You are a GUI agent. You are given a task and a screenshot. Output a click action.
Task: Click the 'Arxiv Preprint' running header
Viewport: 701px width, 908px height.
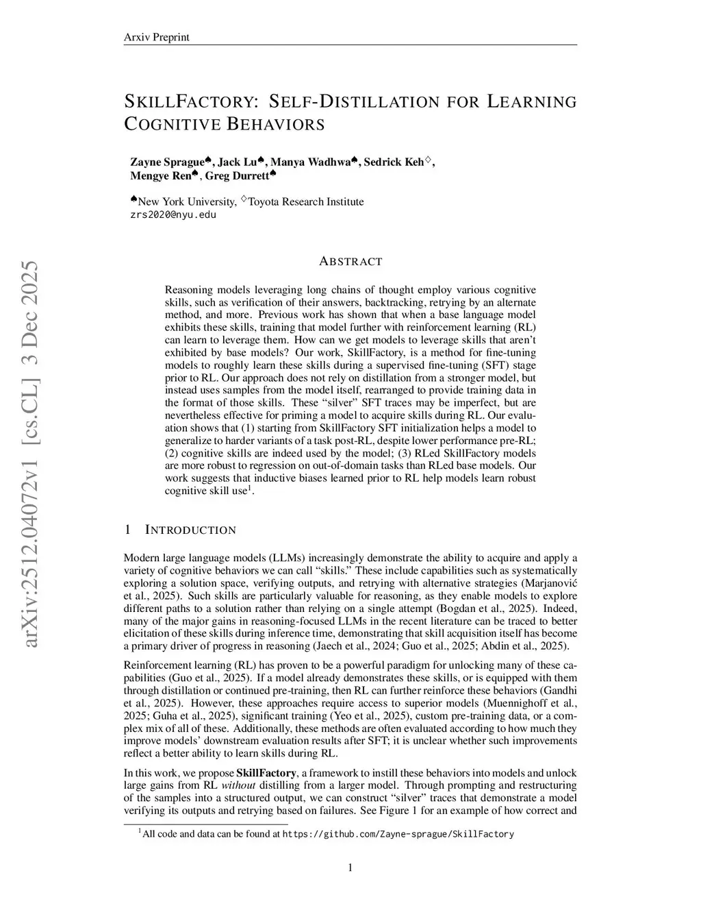point(156,37)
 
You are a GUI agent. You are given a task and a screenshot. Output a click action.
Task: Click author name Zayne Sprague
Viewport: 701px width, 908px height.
point(167,162)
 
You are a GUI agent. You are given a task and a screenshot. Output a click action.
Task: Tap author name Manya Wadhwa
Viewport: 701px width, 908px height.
point(311,162)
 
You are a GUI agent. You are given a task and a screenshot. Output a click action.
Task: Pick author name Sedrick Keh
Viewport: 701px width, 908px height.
point(394,162)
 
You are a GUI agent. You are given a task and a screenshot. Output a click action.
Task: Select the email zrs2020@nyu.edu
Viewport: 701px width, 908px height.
point(173,214)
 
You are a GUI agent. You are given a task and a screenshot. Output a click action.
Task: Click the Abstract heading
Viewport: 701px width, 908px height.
point(350,261)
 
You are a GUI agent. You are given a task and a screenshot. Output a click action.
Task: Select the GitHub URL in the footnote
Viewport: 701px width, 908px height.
point(398,834)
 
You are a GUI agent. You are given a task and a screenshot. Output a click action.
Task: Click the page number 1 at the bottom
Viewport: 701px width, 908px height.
point(350,868)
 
